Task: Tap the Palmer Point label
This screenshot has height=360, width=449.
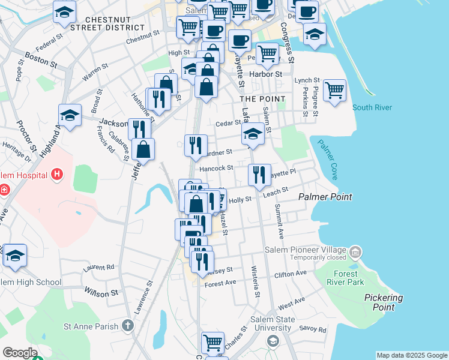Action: click(325, 197)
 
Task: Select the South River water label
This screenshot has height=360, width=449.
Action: click(372, 107)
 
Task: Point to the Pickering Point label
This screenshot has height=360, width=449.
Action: click(384, 302)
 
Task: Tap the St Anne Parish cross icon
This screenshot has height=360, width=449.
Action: click(127, 326)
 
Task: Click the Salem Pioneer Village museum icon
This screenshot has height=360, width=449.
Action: click(356, 250)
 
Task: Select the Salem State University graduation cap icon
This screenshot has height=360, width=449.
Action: click(273, 341)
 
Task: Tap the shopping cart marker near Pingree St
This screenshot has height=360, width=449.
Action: click(334, 91)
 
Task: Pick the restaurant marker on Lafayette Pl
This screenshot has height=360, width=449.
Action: click(259, 175)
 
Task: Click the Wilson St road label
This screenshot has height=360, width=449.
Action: click(101, 293)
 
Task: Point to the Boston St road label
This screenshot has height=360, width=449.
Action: click(41, 61)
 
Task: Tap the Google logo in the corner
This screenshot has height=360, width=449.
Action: click(19, 353)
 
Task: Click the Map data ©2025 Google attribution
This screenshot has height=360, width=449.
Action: click(411, 355)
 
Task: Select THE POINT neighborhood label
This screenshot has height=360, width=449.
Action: click(258, 98)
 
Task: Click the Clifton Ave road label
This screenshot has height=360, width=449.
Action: click(290, 274)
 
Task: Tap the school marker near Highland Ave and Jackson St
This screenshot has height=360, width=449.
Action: click(70, 115)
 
